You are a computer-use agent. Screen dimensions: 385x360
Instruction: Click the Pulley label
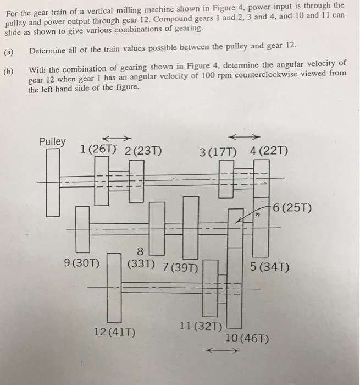52,141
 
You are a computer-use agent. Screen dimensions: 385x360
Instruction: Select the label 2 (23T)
143,151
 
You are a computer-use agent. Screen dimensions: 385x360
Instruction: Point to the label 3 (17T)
218,151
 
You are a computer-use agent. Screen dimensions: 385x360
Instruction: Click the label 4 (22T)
267,151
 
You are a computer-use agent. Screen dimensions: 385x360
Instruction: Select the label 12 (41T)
115,333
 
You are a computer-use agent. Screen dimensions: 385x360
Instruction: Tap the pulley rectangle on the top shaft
53,181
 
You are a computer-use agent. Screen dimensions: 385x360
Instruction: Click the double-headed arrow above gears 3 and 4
243,137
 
